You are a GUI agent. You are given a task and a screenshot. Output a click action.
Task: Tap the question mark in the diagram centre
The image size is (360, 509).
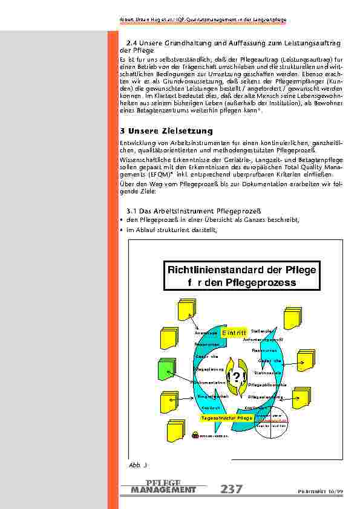[236, 378]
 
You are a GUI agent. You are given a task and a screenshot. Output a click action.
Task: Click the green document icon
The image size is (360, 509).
[167, 369]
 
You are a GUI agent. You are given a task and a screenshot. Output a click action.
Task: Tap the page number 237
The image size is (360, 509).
[232, 489]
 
